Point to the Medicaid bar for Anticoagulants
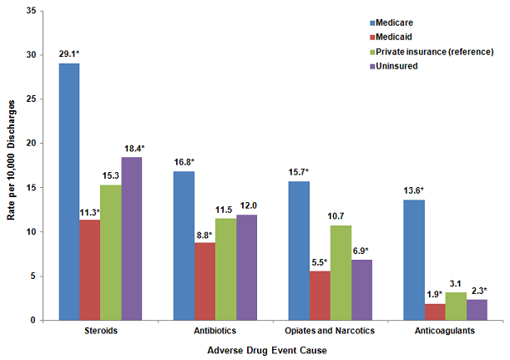(435, 312)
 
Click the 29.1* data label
(68, 55)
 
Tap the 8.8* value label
(205, 236)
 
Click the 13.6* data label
(414, 192)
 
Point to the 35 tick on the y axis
(30, 11)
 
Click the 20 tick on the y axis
(30, 143)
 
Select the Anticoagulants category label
(445, 332)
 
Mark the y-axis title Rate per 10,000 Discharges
(10, 165)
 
